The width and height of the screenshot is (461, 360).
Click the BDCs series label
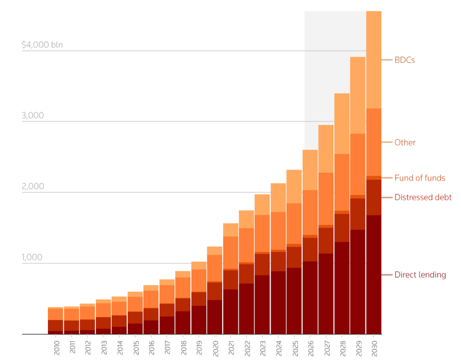(404, 60)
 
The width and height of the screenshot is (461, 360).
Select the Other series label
(405, 143)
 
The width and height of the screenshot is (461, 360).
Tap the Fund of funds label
(420, 178)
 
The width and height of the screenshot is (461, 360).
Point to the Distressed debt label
(423, 197)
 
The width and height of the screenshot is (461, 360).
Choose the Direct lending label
(420, 275)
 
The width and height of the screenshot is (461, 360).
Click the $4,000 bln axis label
(42, 45)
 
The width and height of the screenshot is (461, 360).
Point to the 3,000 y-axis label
(33, 115)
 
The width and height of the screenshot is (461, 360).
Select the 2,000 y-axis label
(33, 186)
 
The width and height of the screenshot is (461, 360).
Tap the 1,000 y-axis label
(32, 257)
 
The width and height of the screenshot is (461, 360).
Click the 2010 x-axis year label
(57, 348)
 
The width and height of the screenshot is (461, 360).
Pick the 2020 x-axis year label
(215, 348)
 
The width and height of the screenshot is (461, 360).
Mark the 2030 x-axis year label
(374, 348)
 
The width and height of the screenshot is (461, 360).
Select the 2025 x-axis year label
(295, 348)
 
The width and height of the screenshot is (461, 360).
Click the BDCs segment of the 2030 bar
(374, 60)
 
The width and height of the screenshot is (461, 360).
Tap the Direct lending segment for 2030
(374, 275)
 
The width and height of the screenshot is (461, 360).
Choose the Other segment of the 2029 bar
(358, 164)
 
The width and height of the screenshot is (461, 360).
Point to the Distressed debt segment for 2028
(342, 228)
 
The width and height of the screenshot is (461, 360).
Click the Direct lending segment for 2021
(230, 312)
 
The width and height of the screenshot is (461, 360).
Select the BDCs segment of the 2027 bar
(326, 149)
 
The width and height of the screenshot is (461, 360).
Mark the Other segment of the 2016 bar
(151, 300)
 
